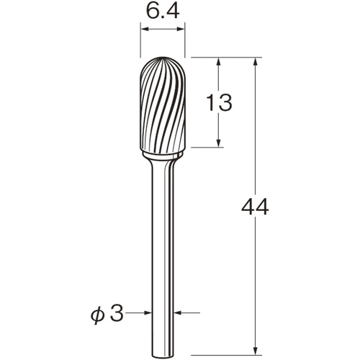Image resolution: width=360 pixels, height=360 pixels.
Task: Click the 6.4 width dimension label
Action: click(x=163, y=12)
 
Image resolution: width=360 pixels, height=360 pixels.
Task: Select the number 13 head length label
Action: click(x=219, y=102)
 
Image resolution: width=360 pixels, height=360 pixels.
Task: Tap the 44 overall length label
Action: click(x=255, y=207)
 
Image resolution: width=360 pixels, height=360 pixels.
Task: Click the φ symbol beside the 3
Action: click(x=98, y=315)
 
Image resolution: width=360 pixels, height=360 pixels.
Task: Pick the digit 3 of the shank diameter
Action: click(x=117, y=313)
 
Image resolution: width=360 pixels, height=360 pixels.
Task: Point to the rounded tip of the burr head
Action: click(x=163, y=58)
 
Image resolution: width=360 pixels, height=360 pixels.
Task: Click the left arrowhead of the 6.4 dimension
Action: click(x=145, y=29)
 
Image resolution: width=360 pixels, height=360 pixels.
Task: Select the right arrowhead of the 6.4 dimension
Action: click(x=181, y=29)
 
